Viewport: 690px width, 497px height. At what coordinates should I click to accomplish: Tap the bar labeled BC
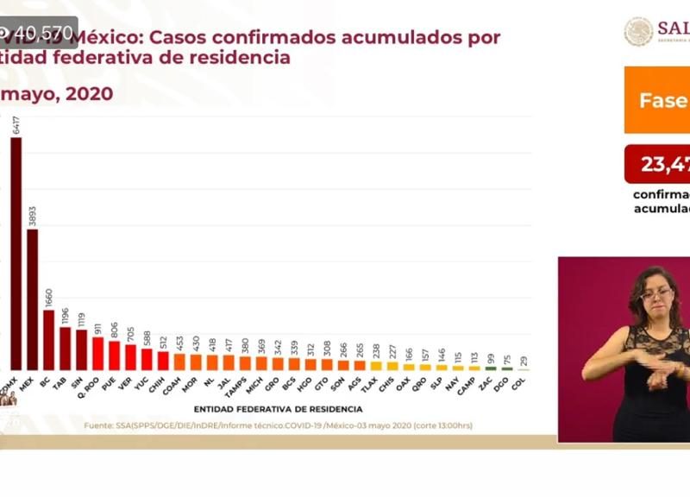(x=48, y=339)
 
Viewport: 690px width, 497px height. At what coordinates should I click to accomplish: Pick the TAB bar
(x=65, y=348)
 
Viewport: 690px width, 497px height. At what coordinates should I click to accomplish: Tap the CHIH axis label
(x=158, y=383)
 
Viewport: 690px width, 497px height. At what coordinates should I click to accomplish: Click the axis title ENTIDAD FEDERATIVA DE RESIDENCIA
(x=278, y=409)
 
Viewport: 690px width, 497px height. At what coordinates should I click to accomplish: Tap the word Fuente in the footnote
(x=97, y=425)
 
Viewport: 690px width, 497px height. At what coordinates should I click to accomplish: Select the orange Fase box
(x=657, y=100)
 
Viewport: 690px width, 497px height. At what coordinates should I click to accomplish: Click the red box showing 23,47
(x=657, y=164)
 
